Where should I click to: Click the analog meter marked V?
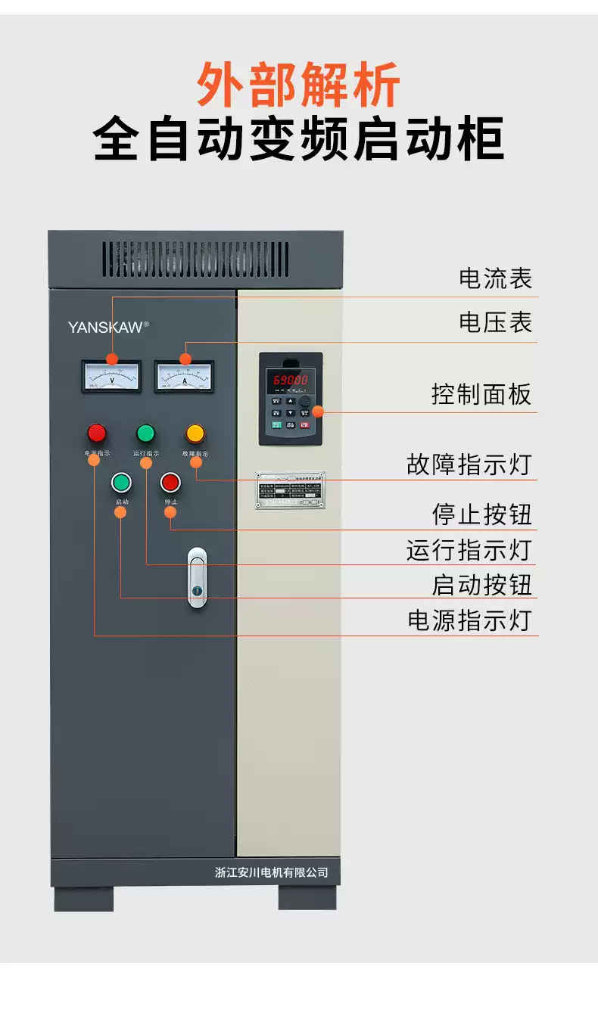[111, 376]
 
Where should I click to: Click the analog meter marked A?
[184, 376]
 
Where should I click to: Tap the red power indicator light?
[97, 433]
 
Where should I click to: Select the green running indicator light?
[145, 433]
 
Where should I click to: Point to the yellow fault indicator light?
[195, 433]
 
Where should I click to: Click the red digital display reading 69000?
[291, 380]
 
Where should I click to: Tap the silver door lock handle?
[197, 577]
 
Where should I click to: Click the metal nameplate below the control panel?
[290, 490]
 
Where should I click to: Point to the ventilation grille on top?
[195, 259]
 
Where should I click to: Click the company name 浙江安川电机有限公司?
[271, 872]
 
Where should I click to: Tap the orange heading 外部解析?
[298, 85]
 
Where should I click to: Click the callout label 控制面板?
[481, 394]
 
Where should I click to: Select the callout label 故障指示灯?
[469, 464]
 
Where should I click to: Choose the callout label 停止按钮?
[482, 514]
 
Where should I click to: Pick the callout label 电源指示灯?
[469, 620]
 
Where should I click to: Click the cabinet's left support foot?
[83, 898]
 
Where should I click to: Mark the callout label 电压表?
[496, 322]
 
